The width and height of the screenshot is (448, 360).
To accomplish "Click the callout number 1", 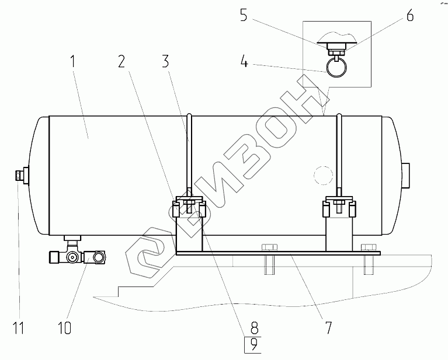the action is (74, 61).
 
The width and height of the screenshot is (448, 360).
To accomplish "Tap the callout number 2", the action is (121, 61).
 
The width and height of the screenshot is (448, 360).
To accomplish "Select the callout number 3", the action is (165, 61).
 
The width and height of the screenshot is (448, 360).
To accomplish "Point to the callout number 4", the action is (244, 61).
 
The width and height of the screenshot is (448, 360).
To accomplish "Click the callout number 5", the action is (244, 15).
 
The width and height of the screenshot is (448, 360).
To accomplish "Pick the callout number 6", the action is (410, 15).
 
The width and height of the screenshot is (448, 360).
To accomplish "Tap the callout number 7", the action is (329, 327).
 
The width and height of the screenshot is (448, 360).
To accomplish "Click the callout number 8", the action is (255, 327).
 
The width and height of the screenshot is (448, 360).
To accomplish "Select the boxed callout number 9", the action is (253, 345).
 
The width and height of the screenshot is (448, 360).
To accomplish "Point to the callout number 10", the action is (65, 327).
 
